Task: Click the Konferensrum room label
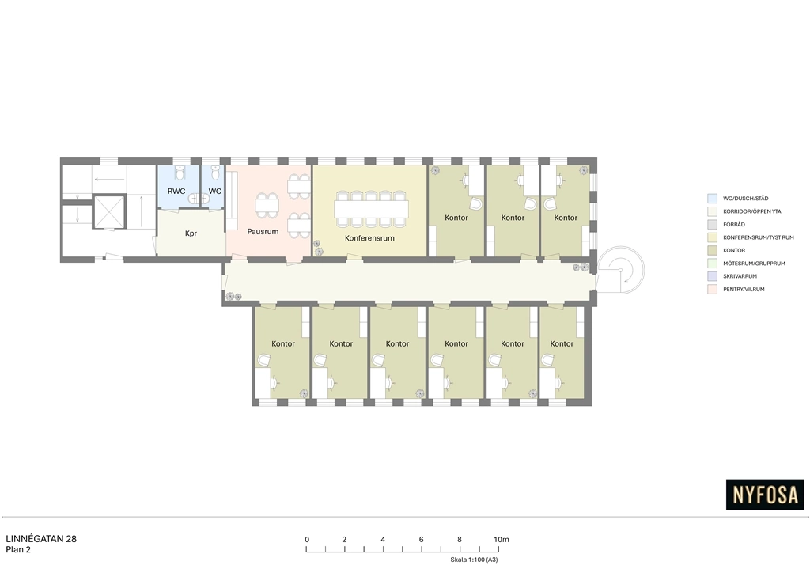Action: click(x=369, y=238)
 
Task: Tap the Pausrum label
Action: click(x=263, y=231)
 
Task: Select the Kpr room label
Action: click(x=191, y=233)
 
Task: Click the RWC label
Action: click(x=176, y=192)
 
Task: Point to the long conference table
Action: click(x=371, y=209)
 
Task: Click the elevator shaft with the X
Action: click(x=109, y=211)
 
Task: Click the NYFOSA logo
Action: click(x=765, y=495)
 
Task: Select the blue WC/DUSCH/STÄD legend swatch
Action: click(x=712, y=199)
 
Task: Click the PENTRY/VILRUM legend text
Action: click(x=744, y=290)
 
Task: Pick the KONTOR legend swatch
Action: click(x=712, y=250)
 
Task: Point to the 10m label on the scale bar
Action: click(x=501, y=540)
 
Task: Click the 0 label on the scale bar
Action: click(x=307, y=540)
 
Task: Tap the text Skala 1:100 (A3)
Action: click(x=474, y=560)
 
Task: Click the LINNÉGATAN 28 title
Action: click(x=41, y=539)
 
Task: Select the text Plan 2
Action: click(x=18, y=550)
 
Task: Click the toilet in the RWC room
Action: click(x=180, y=172)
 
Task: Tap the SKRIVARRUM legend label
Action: click(x=740, y=276)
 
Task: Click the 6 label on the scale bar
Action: click(x=421, y=540)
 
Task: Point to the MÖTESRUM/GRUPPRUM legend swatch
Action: click(x=712, y=263)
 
